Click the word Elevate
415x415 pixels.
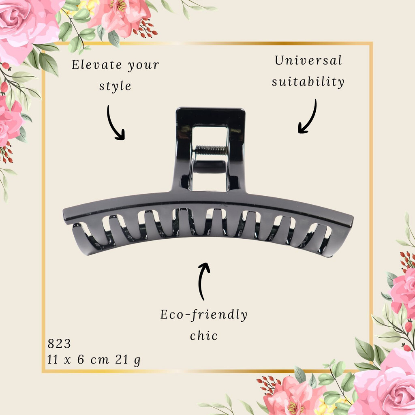(x=97, y=64)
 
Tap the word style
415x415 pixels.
(x=115, y=86)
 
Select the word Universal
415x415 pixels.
(x=308, y=60)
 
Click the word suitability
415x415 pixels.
(x=308, y=81)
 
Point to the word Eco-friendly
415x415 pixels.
(x=203, y=315)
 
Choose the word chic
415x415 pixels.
(x=204, y=336)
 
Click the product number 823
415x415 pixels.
(x=59, y=344)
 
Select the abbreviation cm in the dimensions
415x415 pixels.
(x=100, y=360)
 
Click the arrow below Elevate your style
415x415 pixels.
(x=113, y=124)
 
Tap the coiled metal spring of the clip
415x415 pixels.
(x=211, y=150)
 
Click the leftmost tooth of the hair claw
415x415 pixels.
(x=82, y=239)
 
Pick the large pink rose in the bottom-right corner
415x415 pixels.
(x=386, y=384)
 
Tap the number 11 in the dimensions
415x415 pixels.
(x=53, y=359)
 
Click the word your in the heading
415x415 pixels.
(x=143, y=65)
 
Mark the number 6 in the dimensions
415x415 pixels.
(x=81, y=359)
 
